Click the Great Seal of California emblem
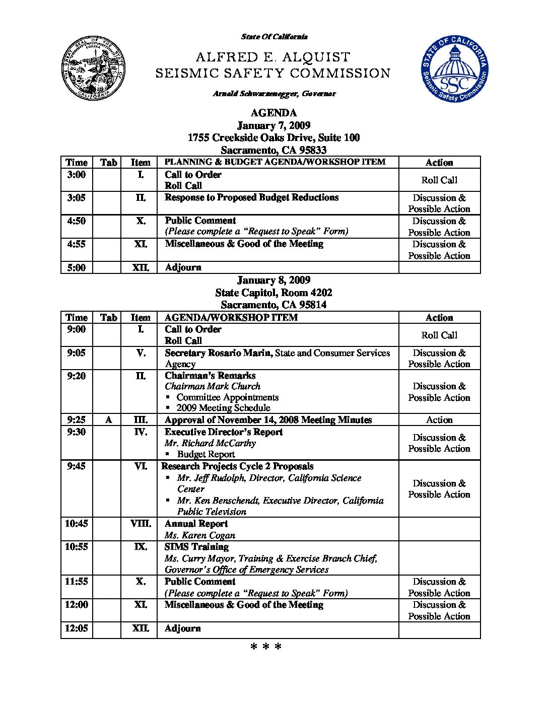tap(93, 69)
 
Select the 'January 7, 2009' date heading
tap(273, 125)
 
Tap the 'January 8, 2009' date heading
tap(273, 280)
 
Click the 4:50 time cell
tap(77, 221)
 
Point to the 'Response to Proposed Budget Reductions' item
tap(251, 197)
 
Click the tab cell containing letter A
tap(108, 420)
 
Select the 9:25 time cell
tap(77, 420)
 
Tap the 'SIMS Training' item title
tap(196, 547)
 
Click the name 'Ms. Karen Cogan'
tap(199, 535)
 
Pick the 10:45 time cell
tap(77, 524)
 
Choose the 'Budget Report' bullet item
tap(206, 454)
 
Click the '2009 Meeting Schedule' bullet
tap(223, 408)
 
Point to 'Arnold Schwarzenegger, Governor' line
tap(274, 94)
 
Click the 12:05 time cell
tap(77, 628)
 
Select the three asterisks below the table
tap(265, 647)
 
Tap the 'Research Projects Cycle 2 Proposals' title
tap(237, 466)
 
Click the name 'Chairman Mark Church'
tap(213, 386)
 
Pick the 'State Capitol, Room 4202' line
tap(273, 293)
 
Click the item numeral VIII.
tap(141, 524)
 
